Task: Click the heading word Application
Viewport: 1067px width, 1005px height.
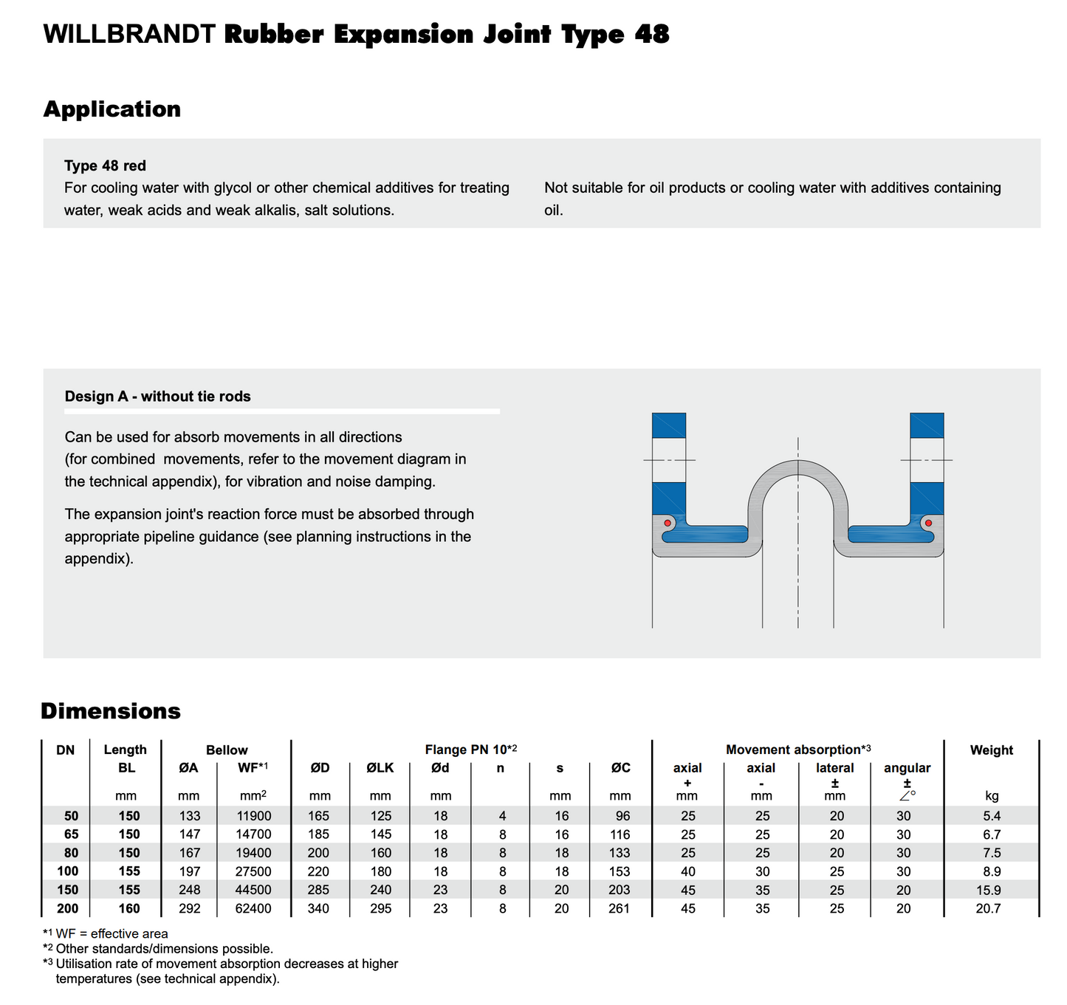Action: click(x=111, y=109)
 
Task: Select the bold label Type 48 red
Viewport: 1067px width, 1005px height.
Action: click(x=105, y=165)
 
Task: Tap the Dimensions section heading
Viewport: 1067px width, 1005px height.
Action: click(x=111, y=711)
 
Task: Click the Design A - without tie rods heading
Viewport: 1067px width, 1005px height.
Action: click(x=157, y=397)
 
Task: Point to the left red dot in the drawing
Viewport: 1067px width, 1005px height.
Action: click(x=668, y=523)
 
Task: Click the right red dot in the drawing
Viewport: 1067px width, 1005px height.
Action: click(x=928, y=523)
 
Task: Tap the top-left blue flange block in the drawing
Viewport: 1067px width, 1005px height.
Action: click(x=668, y=425)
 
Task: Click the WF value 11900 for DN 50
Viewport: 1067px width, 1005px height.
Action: click(x=253, y=816)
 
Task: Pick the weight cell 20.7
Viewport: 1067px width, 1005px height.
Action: click(x=988, y=908)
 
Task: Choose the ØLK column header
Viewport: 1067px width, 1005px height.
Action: click(x=380, y=768)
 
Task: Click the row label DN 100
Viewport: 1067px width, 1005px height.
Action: click(x=67, y=871)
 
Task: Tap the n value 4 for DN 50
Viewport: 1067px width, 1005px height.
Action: click(x=502, y=816)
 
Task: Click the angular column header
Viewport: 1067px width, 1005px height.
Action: click(x=907, y=768)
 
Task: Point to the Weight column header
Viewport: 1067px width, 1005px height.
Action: click(x=991, y=750)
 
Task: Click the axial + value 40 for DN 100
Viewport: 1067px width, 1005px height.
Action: click(x=687, y=871)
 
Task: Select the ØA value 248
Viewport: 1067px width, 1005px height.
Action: click(x=189, y=890)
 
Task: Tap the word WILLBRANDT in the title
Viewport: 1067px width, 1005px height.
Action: click(x=129, y=35)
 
